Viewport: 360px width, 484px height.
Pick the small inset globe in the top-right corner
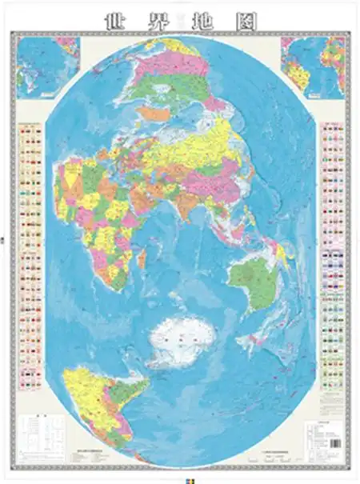coord(313,66)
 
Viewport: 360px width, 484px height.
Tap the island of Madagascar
coord(142,258)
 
